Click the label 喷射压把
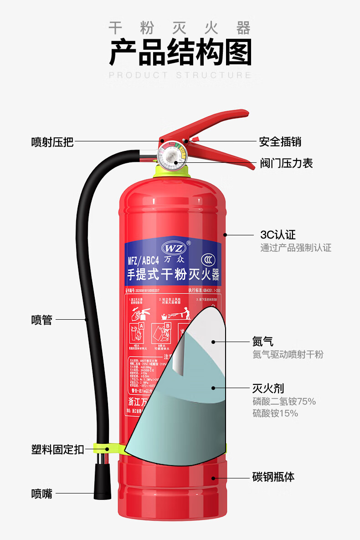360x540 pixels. coord(52,142)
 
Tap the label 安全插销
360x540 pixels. coord(280,142)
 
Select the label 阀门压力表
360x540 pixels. coord(286,163)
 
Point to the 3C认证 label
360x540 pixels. coord(278,235)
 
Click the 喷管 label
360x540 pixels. coord(41,320)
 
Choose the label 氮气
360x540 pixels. coord(263,341)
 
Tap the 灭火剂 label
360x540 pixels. coord(268,388)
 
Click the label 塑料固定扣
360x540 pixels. coord(57,449)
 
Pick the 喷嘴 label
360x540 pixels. coord(41,493)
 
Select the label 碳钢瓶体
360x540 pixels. coord(273,477)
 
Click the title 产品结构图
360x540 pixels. coord(180,52)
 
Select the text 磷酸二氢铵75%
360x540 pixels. coord(284,402)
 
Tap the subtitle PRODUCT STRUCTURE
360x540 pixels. coord(180,75)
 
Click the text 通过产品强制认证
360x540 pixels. coord(296,248)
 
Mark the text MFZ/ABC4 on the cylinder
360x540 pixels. coord(143,261)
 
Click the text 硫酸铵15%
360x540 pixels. coord(275,414)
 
